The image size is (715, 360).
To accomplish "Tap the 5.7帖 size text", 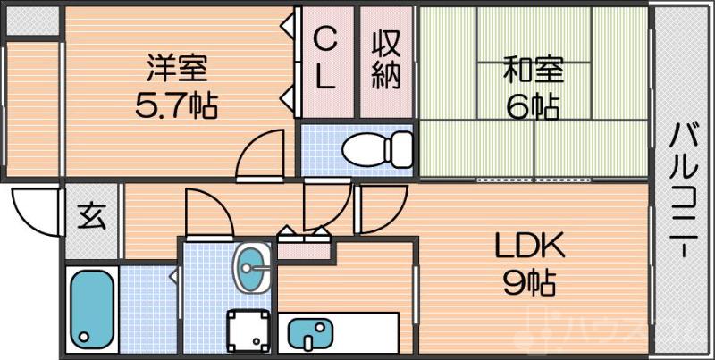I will pyautogui.click(x=177, y=106).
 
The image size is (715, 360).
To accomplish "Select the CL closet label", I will pyautogui.click(x=325, y=58).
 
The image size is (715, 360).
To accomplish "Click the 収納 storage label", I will pyautogui.click(x=386, y=58).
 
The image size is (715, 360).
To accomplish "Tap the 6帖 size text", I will pyautogui.click(x=533, y=106).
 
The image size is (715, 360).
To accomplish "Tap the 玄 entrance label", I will pyautogui.click(x=90, y=217).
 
